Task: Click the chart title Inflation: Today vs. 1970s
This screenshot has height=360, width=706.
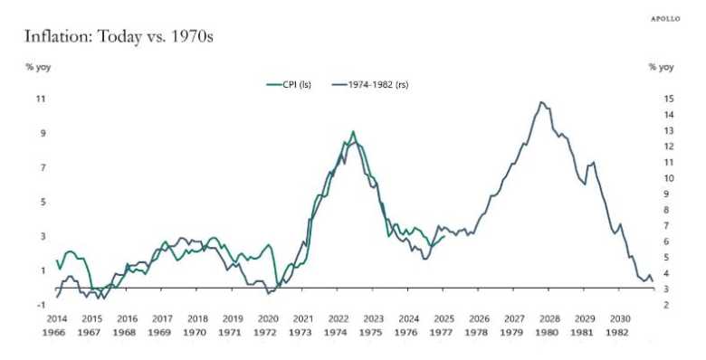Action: pos(119,37)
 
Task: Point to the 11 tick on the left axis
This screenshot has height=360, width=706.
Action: pos(41,98)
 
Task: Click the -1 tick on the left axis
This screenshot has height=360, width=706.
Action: pos(41,305)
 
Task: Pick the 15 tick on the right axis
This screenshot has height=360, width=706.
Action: pos(667,98)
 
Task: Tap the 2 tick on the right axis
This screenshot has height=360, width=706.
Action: pos(667,305)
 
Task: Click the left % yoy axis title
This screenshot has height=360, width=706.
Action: pos(38,66)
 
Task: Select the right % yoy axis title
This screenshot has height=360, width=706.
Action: pos(661,66)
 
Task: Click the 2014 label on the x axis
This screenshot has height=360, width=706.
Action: pos(56,319)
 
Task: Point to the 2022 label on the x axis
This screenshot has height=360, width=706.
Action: pos(339,319)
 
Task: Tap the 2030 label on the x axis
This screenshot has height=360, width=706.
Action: pos(620,319)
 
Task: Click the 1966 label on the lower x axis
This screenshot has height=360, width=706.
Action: pos(56,333)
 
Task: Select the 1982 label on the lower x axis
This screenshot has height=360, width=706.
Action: pos(620,333)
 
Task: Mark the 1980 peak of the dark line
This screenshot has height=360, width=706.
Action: pos(541,102)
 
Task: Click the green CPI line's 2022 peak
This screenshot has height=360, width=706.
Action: pos(353,131)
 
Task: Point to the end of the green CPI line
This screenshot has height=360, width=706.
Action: pos(444,236)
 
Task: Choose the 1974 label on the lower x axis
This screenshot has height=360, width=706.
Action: pos(339,333)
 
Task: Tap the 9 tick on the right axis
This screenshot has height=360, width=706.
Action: pos(667,194)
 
